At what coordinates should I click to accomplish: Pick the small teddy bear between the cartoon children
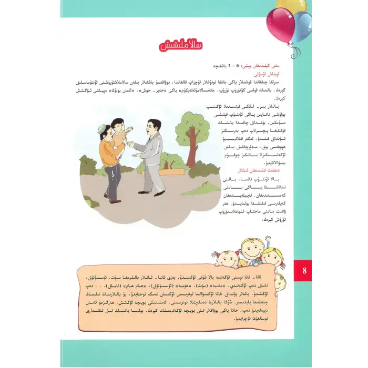tap(242, 263)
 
